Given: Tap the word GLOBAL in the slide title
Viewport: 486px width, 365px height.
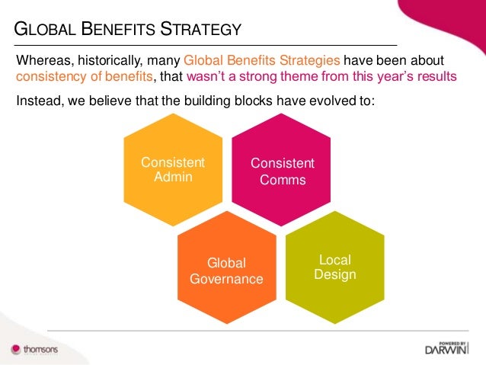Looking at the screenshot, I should pos(46,30).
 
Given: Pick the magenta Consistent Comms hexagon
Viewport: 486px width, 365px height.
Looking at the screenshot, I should pos(281,171).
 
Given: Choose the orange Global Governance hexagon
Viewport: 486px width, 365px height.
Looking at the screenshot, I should pos(226,271).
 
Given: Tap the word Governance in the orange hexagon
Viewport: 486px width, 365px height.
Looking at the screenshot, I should pos(226,279).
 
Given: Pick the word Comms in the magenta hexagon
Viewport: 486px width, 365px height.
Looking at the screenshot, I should pos(281,180).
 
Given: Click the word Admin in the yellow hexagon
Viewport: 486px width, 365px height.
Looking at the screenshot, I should pos(173,178).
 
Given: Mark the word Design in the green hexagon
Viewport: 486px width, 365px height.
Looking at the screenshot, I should pos(335,274).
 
